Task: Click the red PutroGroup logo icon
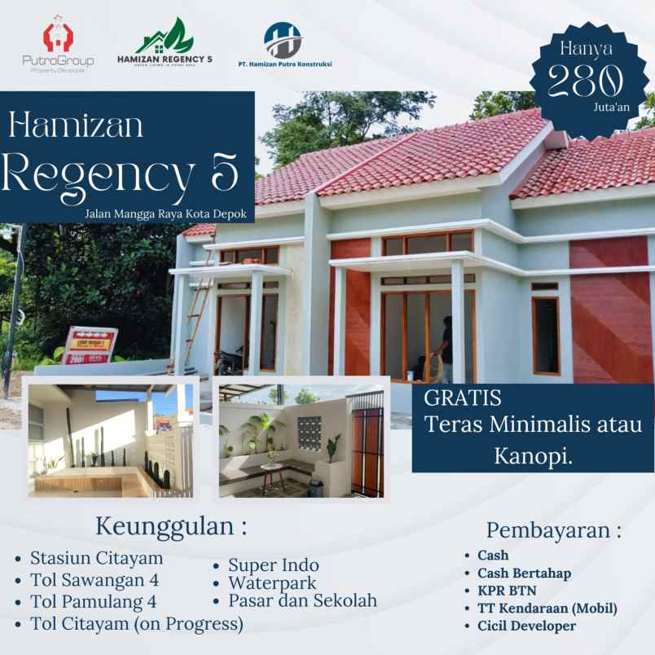click(57, 37)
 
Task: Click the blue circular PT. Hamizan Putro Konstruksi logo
click(283, 40)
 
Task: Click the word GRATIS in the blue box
click(463, 399)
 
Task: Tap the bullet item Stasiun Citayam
click(96, 558)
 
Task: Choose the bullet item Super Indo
click(273, 565)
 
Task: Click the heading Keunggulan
click(170, 525)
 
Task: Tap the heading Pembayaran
click(553, 530)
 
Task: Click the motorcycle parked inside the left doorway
click(231, 358)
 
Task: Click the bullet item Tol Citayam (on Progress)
click(136, 624)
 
